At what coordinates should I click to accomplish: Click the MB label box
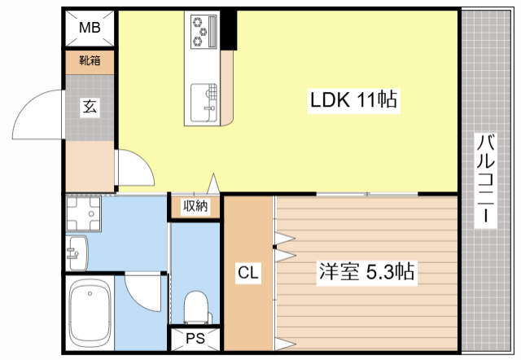pos(90,29)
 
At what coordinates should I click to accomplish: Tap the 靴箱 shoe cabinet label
pos(90,60)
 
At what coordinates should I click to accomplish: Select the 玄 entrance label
pos(89,106)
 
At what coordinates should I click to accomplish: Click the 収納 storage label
pos(195,207)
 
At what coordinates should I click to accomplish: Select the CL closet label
pos(248,274)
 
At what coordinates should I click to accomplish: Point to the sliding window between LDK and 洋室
pos(366,194)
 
